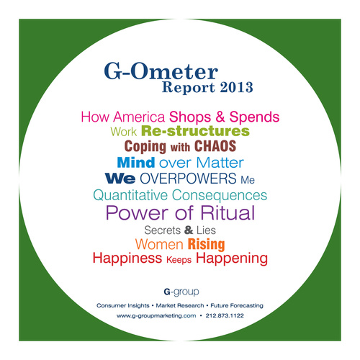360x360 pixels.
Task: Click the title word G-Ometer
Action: (161, 71)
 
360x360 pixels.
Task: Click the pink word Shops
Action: (190, 117)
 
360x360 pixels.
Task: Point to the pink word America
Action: (139, 117)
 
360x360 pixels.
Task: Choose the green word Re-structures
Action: (195, 131)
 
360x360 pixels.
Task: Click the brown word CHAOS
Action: (215, 146)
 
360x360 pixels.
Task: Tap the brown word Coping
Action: (145, 147)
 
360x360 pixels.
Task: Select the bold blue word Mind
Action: (136, 163)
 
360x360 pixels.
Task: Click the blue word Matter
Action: (220, 163)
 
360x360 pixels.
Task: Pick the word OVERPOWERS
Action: (188, 179)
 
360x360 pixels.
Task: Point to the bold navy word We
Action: (120, 179)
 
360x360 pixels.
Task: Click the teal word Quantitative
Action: (130, 195)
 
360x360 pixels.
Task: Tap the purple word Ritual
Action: (228, 212)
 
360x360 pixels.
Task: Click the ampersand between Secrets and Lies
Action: (189, 230)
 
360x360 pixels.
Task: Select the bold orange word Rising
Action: (207, 244)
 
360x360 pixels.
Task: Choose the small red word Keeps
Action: (179, 260)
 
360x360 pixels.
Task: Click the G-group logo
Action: (181, 292)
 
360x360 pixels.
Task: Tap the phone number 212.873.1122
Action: (225, 315)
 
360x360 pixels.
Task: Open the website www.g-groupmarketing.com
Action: (156, 316)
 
